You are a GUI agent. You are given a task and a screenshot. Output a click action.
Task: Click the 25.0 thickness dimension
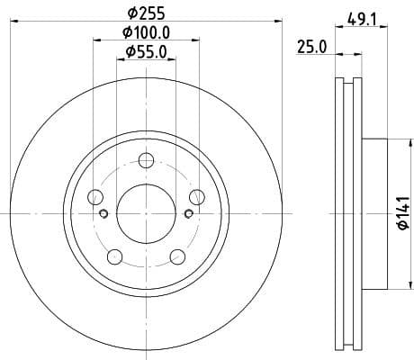point(311,48)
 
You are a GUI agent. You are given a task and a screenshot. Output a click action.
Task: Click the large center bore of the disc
point(145,212)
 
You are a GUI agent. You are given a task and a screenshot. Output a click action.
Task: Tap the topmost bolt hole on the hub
point(146,161)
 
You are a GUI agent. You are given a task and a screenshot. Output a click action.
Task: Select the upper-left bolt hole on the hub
point(96,197)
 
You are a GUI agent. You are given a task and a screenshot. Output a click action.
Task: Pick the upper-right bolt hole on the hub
point(195,197)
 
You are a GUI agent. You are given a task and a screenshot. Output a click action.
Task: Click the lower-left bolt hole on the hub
point(114,257)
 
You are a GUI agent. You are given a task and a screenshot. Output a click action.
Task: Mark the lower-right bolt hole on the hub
point(176,257)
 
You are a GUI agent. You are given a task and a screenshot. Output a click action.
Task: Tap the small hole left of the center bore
point(103,213)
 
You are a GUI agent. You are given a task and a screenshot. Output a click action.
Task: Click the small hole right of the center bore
point(187,213)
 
